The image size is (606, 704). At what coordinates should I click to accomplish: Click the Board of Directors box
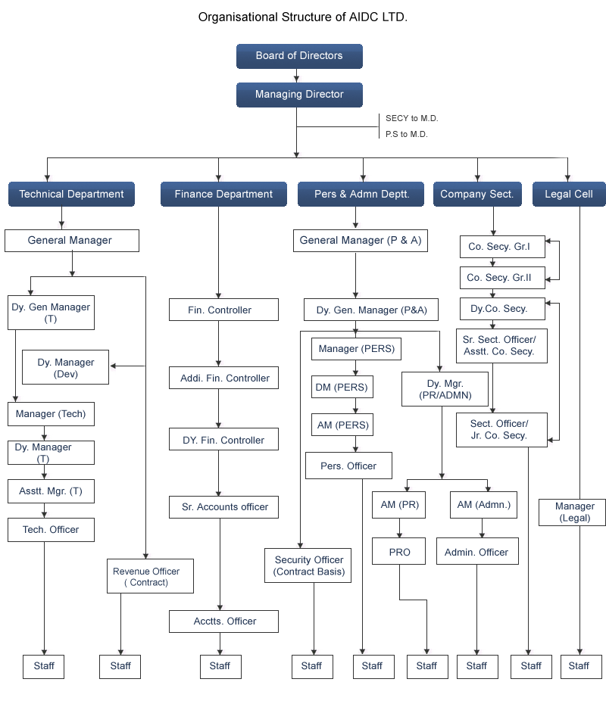pyautogui.click(x=299, y=56)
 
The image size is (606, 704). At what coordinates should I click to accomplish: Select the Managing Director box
pyautogui.click(x=299, y=95)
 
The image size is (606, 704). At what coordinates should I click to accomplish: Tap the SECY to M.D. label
pyautogui.click(x=411, y=119)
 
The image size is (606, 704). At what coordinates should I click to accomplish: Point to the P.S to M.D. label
pyautogui.click(x=406, y=135)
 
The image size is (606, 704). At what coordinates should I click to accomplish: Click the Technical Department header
pyautogui.click(x=71, y=195)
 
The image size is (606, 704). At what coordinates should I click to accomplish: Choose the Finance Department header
pyautogui.click(x=223, y=195)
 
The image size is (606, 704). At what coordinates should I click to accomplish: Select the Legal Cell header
pyautogui.click(x=568, y=195)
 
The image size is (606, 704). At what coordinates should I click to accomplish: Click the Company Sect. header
pyautogui.click(x=476, y=195)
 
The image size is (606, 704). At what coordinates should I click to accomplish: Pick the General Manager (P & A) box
pyautogui.click(x=361, y=241)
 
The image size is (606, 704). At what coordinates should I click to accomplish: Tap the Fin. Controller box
pyautogui.click(x=220, y=310)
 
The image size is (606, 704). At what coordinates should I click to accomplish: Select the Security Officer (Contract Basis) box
pyautogui.click(x=309, y=566)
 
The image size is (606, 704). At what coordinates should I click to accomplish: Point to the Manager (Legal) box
pyautogui.click(x=575, y=512)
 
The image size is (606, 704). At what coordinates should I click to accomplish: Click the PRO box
pyautogui.click(x=399, y=552)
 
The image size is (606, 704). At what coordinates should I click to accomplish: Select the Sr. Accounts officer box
pyautogui.click(x=224, y=507)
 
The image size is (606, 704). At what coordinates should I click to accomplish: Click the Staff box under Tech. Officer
pyautogui.click(x=44, y=666)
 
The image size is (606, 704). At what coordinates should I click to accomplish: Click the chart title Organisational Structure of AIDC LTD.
pyautogui.click(x=302, y=17)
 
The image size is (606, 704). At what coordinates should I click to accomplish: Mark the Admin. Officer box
pyautogui.click(x=476, y=552)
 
